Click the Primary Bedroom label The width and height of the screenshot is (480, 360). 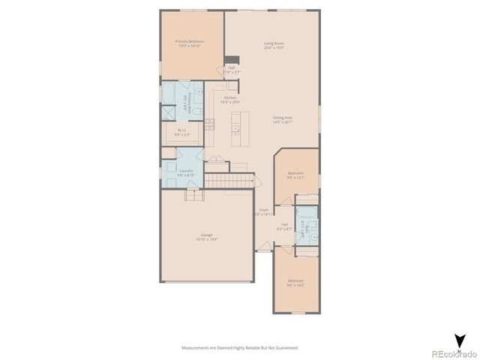click(x=189, y=43)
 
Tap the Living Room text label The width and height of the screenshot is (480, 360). click(x=273, y=45)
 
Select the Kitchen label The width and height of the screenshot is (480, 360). click(x=230, y=100)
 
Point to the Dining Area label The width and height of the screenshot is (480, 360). click(x=283, y=119)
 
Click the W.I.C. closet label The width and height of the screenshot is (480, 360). click(x=182, y=132)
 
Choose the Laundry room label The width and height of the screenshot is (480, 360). click(x=186, y=172)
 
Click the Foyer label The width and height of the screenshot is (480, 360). click(x=264, y=212)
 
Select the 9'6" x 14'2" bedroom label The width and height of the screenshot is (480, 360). click(x=295, y=283)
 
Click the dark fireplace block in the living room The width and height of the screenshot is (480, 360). click(x=232, y=61)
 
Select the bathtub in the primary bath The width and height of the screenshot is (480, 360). click(x=169, y=95)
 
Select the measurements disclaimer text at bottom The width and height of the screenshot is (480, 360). click(x=240, y=347)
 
